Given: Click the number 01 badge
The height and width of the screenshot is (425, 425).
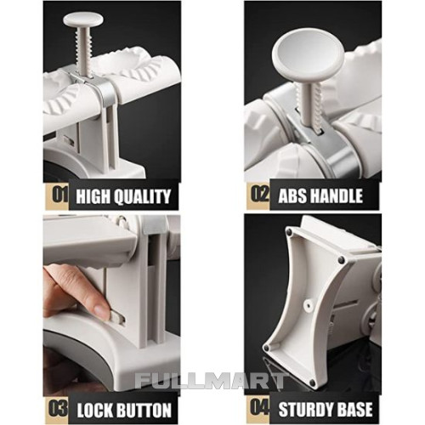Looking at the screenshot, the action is tap(57, 195).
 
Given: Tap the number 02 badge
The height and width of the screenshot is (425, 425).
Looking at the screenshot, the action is tap(258, 195).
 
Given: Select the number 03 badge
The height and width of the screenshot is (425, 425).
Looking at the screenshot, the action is tap(57, 409).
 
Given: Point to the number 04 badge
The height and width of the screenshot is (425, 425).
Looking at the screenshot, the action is tap(258, 408).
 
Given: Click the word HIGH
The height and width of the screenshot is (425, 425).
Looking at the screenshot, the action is tap(93, 196).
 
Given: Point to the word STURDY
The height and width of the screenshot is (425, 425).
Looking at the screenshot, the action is tap(306, 409).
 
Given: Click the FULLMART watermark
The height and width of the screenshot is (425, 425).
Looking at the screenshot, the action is tap(211, 381).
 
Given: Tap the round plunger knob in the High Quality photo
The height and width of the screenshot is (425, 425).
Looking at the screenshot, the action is tap(83, 20).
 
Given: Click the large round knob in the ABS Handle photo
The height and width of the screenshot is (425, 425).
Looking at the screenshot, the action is tap(308, 56).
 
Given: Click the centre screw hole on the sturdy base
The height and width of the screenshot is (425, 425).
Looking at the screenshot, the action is tap(308, 305).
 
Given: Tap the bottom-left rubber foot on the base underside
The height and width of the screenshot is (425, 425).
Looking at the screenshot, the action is tap(267, 348).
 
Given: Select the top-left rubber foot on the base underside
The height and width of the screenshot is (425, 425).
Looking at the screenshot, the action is tap(289, 232).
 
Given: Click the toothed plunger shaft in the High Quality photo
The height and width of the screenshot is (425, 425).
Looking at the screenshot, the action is tap(82, 53).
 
